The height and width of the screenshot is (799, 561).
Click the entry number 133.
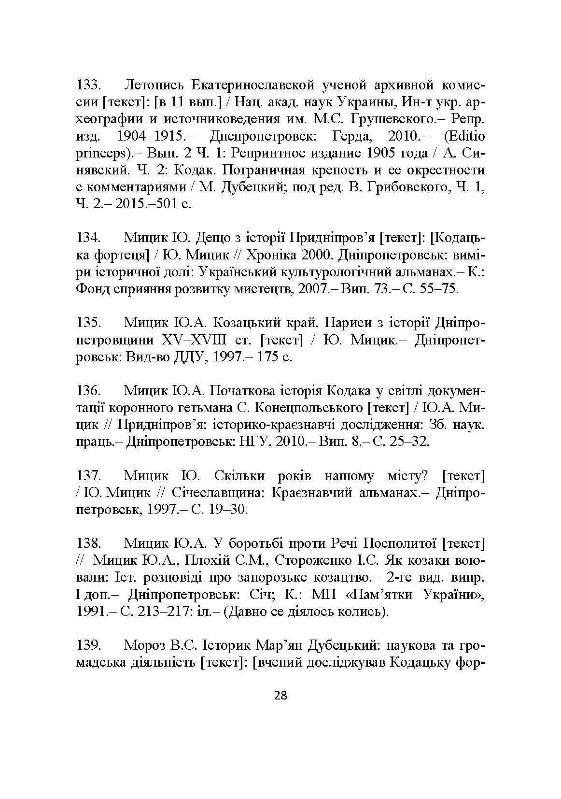coord(88,86)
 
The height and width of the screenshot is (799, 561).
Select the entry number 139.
coord(88,645)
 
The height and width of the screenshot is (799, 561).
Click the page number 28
coord(280,696)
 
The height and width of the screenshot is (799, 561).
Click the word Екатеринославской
coord(253,86)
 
